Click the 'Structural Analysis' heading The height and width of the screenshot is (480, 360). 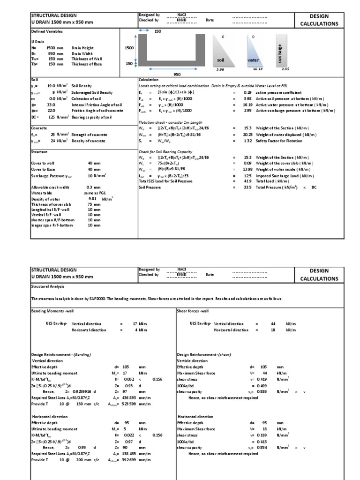[x=47, y=285]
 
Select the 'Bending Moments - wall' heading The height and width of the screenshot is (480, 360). [x=52, y=311]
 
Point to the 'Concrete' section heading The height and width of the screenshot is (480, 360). [x=39, y=128]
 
